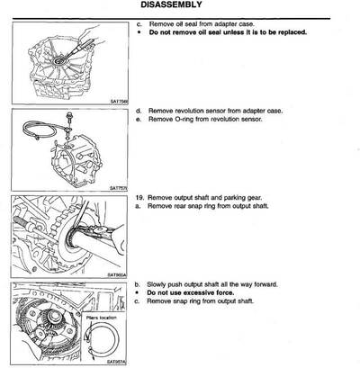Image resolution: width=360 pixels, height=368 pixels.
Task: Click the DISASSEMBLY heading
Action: tap(180, 6)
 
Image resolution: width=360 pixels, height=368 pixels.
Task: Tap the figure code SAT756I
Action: tap(120, 102)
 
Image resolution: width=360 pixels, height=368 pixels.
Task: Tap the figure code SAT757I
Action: tap(120, 187)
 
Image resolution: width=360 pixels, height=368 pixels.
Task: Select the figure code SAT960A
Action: tap(119, 274)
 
